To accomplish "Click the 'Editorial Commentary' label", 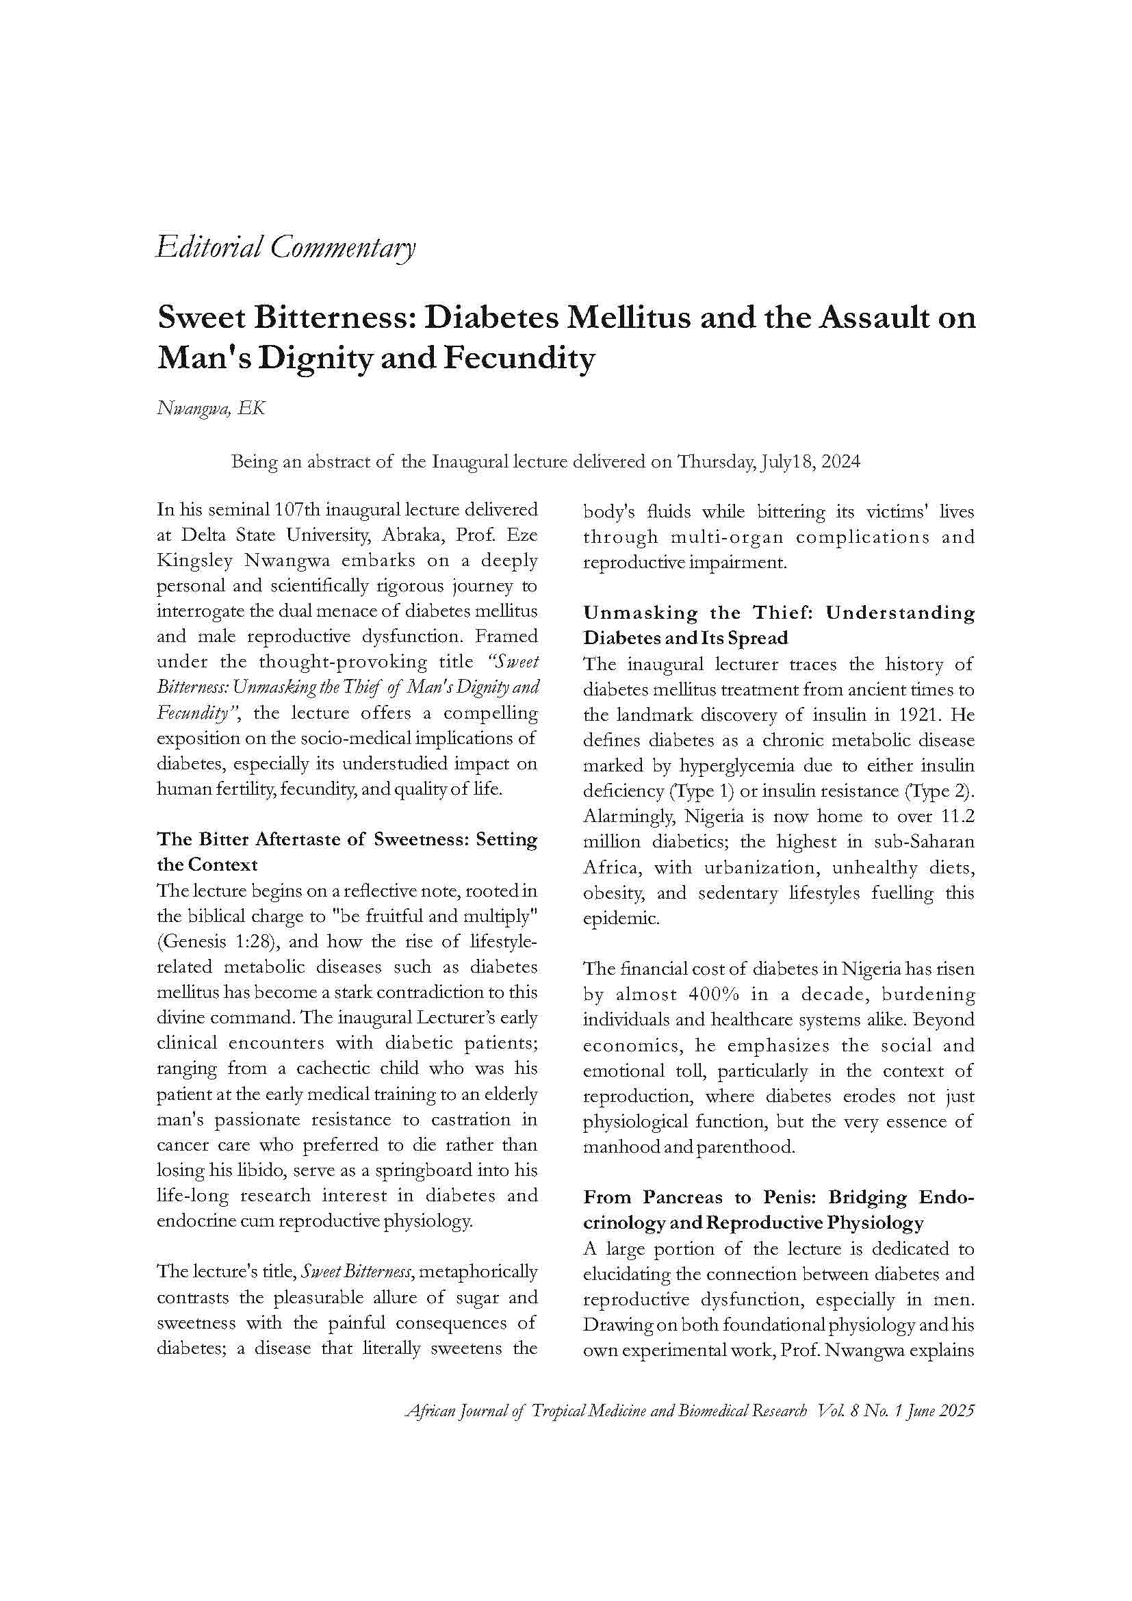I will click(286, 248).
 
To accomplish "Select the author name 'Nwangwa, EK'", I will click(211, 409).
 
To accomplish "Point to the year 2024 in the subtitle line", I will click(839, 462).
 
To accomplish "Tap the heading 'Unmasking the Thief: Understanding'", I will click(778, 613).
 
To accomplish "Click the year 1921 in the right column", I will click(916, 715).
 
